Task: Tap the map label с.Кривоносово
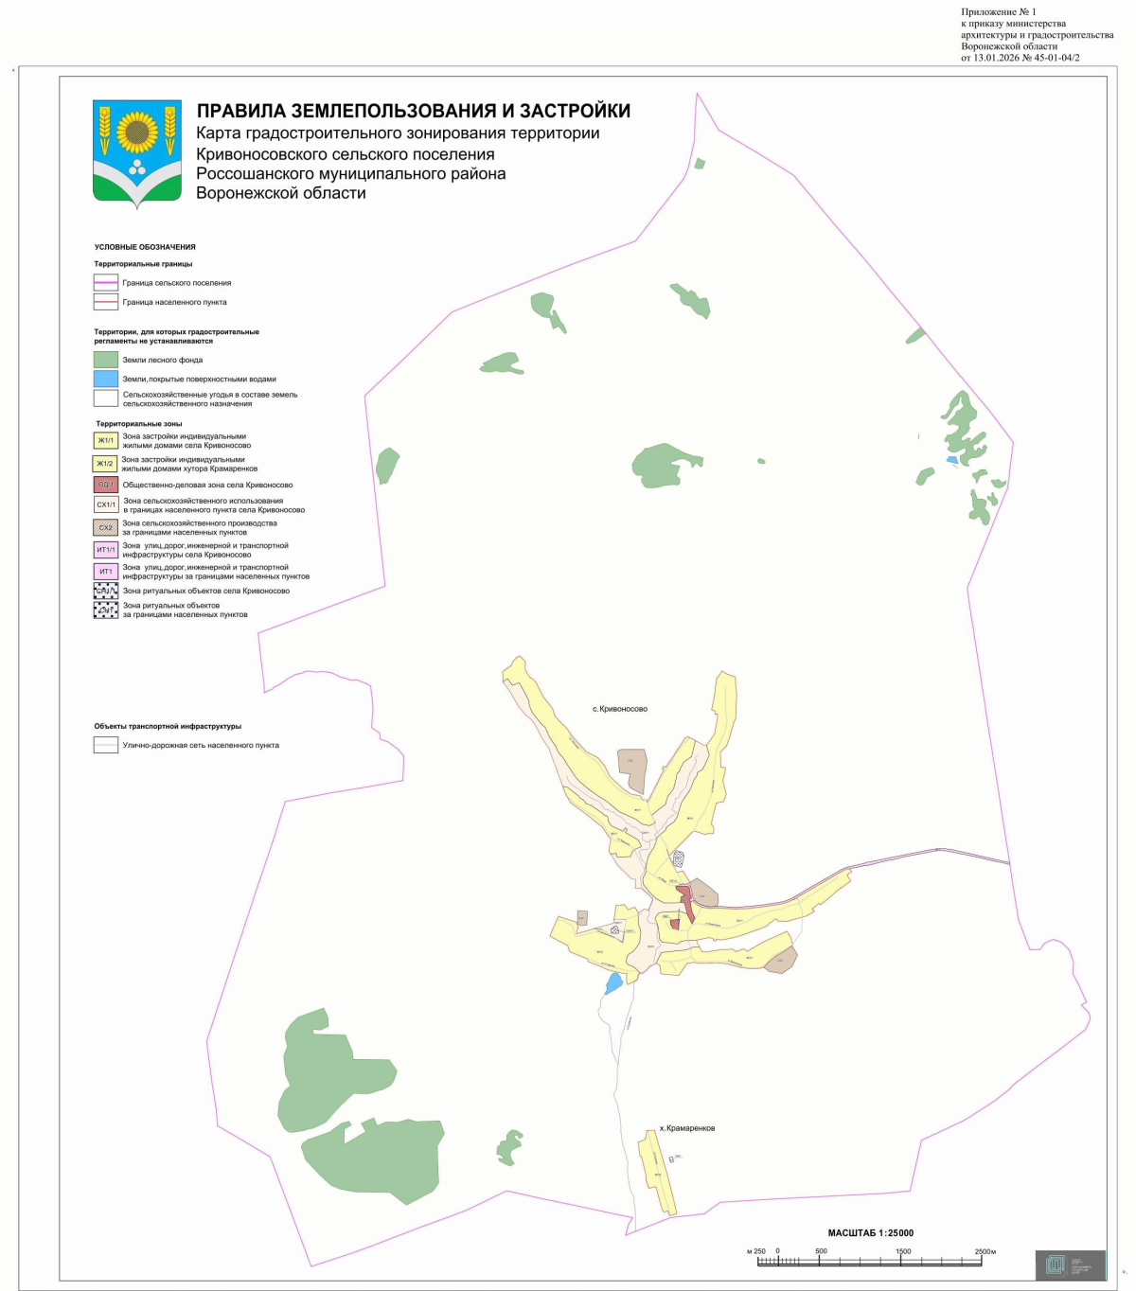click(620, 709)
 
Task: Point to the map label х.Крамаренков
click(687, 1128)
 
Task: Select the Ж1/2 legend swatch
click(104, 464)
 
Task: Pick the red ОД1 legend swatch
click(106, 485)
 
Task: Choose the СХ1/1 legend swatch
click(106, 505)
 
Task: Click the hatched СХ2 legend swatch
click(106, 527)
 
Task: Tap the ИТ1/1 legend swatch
click(106, 550)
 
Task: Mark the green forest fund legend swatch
click(106, 360)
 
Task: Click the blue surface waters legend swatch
click(106, 379)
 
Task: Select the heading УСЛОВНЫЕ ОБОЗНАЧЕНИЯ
click(145, 247)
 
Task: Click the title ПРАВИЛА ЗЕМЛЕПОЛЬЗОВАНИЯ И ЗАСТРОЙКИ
click(413, 112)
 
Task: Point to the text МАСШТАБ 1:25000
click(871, 1233)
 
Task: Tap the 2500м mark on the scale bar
click(985, 1251)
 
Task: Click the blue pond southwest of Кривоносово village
click(614, 982)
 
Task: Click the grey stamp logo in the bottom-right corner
click(1070, 1264)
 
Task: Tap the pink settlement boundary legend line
click(106, 283)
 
